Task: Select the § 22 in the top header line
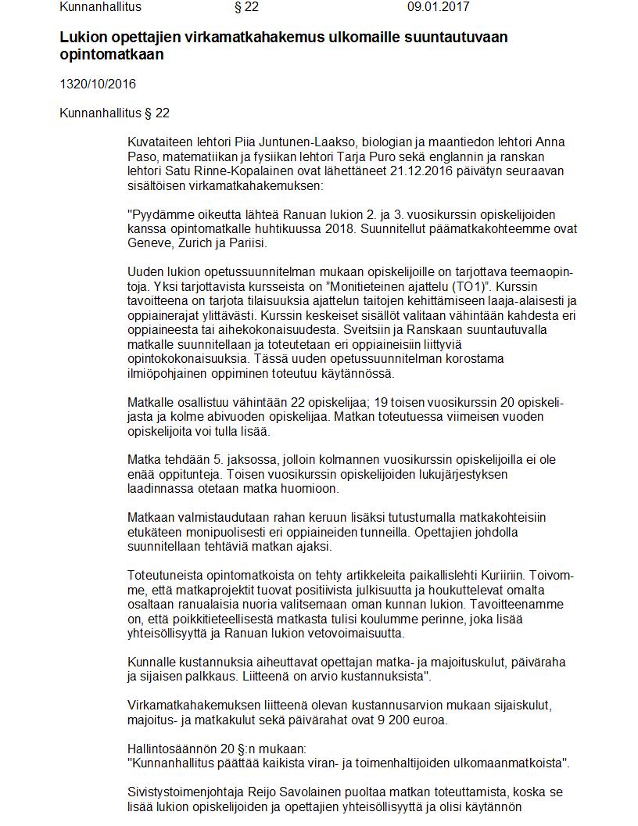click(x=246, y=7)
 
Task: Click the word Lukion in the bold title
click(x=82, y=37)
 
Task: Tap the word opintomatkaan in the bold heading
click(x=112, y=56)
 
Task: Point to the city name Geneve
click(x=148, y=242)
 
